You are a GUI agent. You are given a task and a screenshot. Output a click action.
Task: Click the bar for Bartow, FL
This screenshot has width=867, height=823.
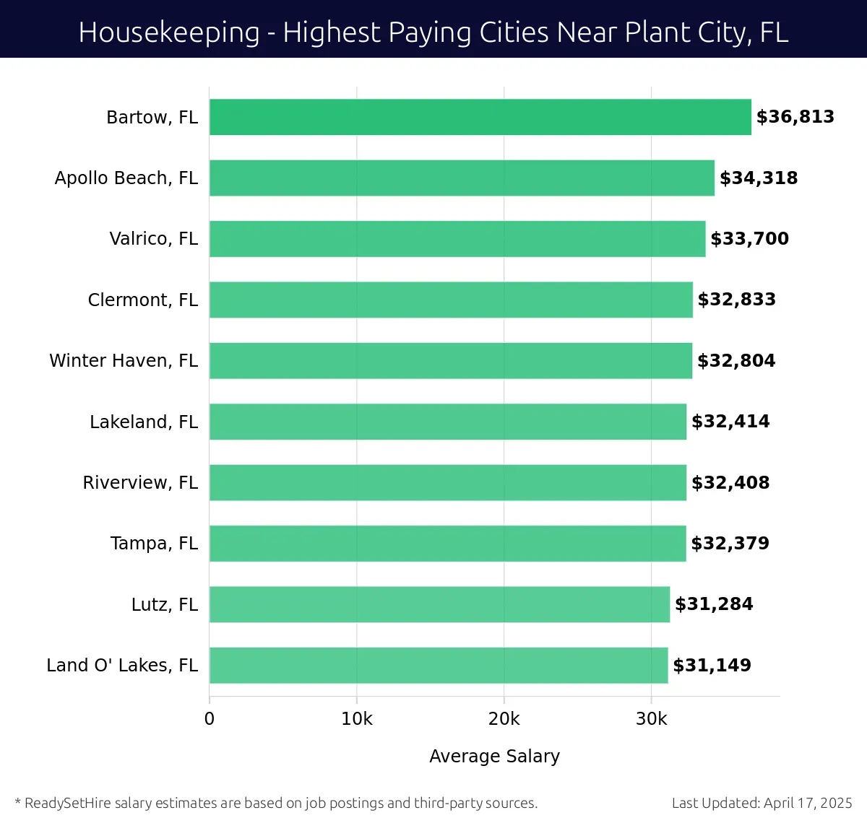[480, 117]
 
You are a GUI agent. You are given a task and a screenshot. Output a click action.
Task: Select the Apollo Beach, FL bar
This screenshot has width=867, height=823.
[462, 178]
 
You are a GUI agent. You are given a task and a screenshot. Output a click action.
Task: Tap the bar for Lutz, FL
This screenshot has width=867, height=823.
[439, 604]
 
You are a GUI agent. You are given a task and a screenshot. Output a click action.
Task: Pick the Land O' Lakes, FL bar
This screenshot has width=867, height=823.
[439, 665]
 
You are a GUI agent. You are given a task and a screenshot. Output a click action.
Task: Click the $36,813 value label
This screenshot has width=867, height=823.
[795, 117]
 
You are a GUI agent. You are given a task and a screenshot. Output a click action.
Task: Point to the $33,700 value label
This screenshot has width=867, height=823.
[749, 239]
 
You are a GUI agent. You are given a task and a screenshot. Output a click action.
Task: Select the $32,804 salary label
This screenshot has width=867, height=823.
[736, 360]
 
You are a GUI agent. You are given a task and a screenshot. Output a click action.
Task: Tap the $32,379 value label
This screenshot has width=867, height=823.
[730, 543]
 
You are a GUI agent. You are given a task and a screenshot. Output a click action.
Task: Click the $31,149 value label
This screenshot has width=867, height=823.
[712, 665]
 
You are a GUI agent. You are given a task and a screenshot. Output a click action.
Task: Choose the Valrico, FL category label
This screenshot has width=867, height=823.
[153, 239]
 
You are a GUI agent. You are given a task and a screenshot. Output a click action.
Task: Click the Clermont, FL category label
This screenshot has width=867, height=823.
[142, 300]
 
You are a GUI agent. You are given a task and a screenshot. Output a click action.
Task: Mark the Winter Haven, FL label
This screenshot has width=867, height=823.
[123, 360]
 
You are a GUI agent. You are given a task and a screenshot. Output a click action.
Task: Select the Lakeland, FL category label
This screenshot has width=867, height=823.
[143, 422]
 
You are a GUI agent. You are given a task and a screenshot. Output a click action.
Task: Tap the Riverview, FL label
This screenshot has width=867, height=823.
[140, 482]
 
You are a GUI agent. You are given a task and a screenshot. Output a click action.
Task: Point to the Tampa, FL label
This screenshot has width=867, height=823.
[154, 543]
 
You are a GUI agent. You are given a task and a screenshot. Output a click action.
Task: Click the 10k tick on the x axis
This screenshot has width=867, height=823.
[357, 719]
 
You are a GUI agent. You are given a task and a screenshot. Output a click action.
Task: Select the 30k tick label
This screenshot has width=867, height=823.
[651, 719]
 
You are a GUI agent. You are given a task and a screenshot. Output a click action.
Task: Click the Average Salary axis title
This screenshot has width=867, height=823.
[494, 756]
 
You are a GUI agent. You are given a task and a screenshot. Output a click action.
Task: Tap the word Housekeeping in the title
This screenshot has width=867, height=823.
[169, 32]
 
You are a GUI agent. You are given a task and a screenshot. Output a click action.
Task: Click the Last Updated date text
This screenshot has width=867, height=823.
[762, 803]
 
